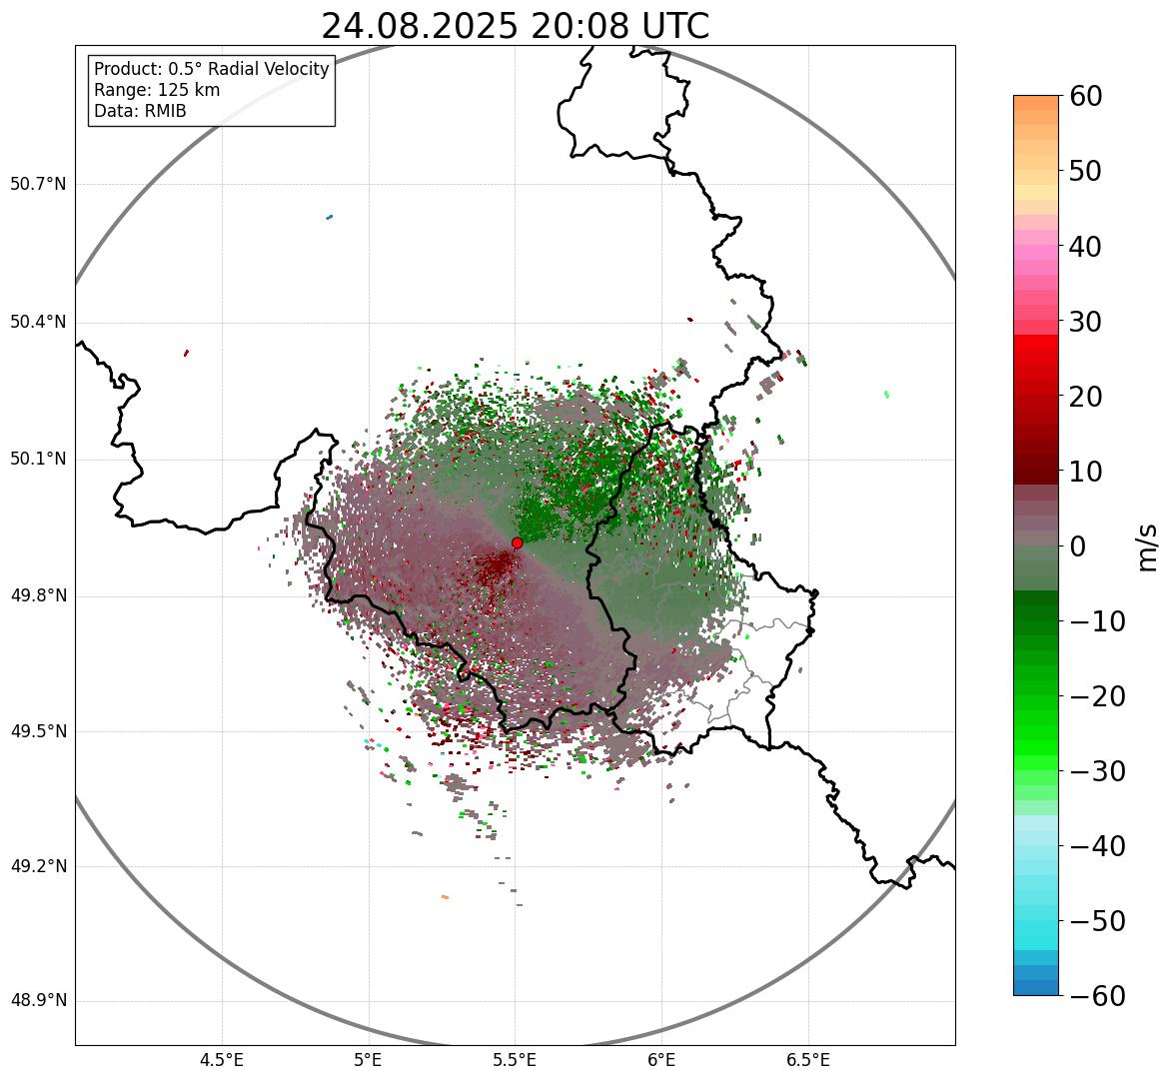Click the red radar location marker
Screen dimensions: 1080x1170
[517, 542]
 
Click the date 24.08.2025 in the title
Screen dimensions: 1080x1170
[419, 27]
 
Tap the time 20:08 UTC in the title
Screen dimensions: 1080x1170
[619, 27]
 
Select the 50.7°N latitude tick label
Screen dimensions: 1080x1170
[38, 184]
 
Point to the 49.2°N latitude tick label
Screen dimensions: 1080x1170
[38, 866]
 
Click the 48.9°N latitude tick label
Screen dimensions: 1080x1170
[38, 1001]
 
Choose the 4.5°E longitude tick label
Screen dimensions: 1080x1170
[222, 1060]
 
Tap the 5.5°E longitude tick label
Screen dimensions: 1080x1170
[515, 1060]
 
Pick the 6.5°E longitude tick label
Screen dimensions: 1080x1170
[807, 1060]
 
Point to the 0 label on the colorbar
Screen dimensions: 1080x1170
[1078, 546]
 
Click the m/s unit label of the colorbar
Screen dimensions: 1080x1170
[1149, 546]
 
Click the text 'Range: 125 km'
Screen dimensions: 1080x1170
[157, 90]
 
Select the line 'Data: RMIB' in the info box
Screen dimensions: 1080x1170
[140, 111]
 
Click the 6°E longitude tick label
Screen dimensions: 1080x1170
[661, 1060]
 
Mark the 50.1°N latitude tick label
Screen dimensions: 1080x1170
[38, 460]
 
